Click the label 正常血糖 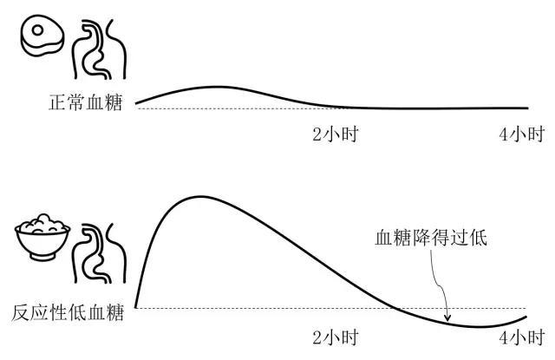tap(85, 102)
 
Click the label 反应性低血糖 tap(68, 312)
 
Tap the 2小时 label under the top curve tap(336, 134)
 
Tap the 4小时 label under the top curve tap(522, 134)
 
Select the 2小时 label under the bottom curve tap(336, 337)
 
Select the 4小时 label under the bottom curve tap(522, 337)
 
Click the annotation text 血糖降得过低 tap(431, 238)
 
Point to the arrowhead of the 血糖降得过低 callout tap(447, 318)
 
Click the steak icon tap(42, 35)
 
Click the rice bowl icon tap(42, 237)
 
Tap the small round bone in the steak tap(37, 30)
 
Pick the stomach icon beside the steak tap(100, 49)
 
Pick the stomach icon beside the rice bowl tap(100, 253)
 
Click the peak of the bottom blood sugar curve tap(200, 196)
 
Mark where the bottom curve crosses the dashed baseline tap(395, 308)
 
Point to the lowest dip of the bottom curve tap(478, 326)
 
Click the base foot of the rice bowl tap(42, 257)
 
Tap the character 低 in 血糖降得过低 tap(478, 238)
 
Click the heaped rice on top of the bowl tap(42, 224)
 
